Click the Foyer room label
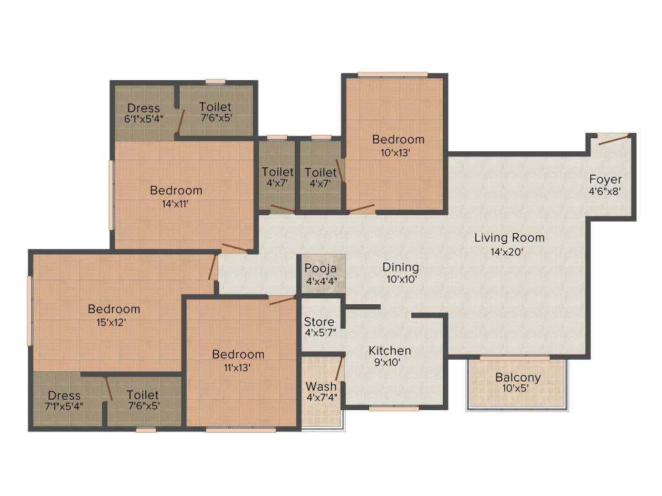pos(605,179)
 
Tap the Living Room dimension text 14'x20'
pos(506,252)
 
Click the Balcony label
pos(518,377)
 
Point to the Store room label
pos(319,322)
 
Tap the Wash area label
pos(321,387)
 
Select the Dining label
pos(400,267)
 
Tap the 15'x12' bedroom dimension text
pos(107,322)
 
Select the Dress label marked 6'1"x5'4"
pos(144,107)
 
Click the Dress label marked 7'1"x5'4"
pos(64,395)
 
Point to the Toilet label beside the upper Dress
pos(215,107)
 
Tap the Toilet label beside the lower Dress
pos(143,395)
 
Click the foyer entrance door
pos(614,139)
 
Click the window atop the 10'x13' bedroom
pos(392,74)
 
